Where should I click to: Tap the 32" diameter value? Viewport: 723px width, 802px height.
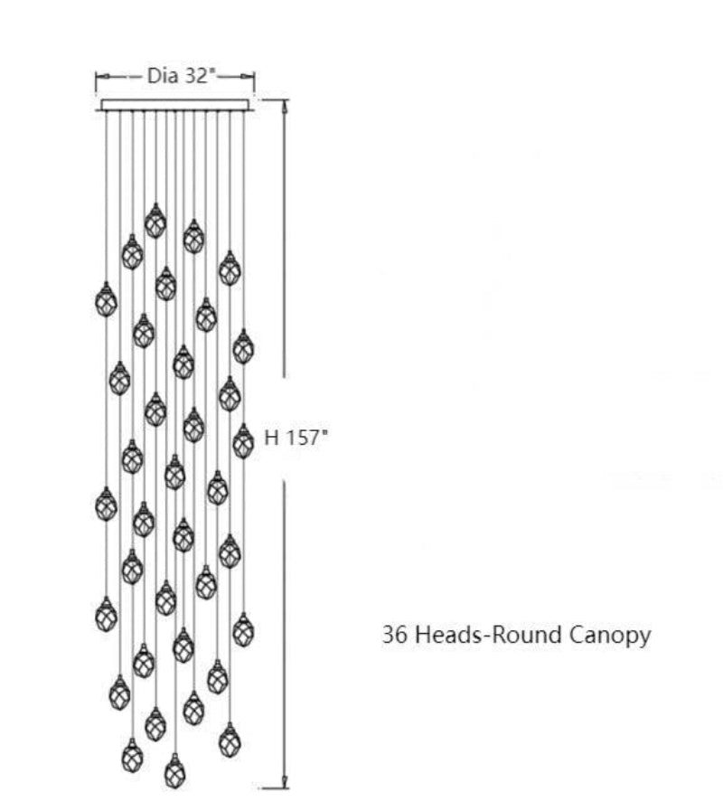click(x=199, y=77)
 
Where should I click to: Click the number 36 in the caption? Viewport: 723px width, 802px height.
click(x=393, y=635)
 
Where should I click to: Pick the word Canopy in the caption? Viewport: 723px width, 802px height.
click(x=610, y=636)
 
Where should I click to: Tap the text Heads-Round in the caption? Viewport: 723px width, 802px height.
click(x=487, y=635)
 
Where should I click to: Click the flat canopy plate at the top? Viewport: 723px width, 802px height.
click(x=176, y=105)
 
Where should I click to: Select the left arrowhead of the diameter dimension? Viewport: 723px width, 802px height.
click(x=100, y=77)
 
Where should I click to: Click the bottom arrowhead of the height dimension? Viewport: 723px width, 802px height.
click(x=286, y=782)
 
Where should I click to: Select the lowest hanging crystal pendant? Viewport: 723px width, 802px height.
click(x=174, y=771)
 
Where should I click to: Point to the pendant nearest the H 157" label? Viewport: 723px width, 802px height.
click(x=243, y=441)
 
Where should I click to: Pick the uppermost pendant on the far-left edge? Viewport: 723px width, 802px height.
click(x=107, y=299)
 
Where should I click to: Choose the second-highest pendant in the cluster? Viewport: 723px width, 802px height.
click(x=193, y=236)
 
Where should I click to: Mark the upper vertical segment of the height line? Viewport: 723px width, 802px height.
click(x=286, y=244)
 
